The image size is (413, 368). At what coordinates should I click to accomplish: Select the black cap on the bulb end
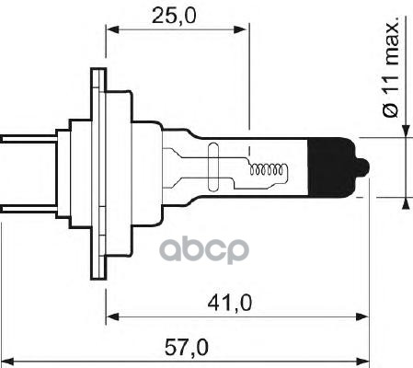336,167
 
